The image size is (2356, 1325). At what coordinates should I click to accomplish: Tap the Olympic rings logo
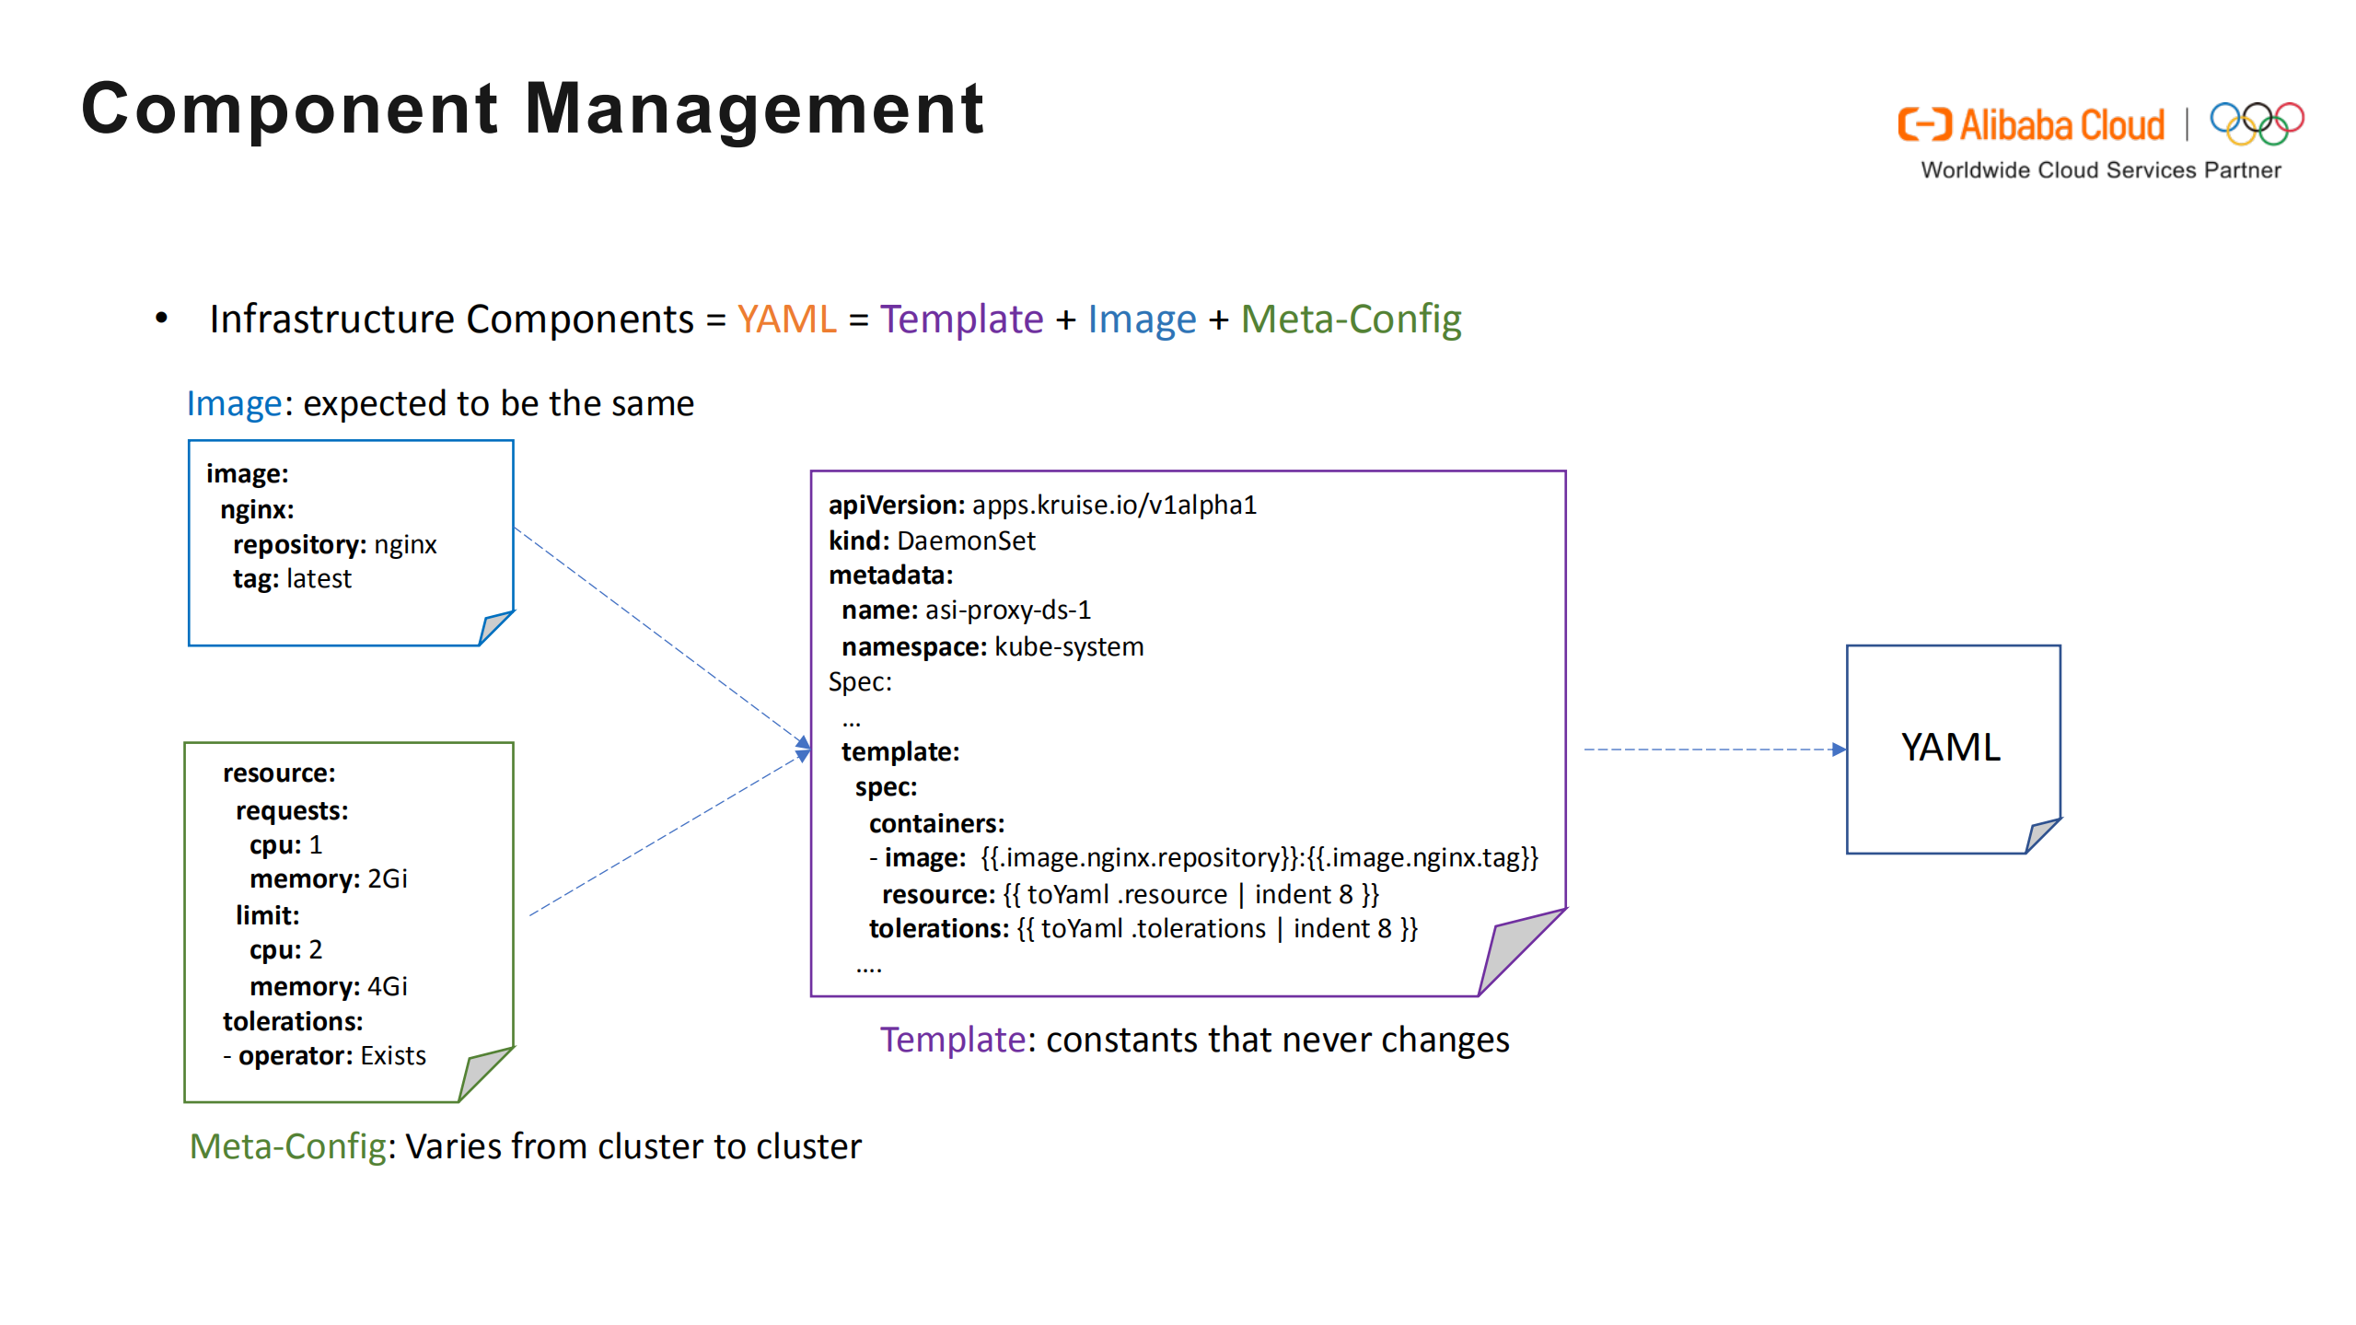pos(2256,123)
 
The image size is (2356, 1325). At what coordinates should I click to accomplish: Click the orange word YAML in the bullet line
pos(786,320)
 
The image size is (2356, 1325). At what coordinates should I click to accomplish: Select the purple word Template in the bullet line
pos(961,320)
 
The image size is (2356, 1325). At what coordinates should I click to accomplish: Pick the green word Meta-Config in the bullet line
pos(1351,320)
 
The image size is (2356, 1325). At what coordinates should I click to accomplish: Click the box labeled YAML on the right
pos(1952,748)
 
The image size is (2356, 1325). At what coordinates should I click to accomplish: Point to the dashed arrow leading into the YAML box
pos(1712,750)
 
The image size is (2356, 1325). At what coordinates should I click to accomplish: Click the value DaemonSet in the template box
pos(966,540)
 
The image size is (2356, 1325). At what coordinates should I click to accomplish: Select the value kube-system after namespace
pos(1069,646)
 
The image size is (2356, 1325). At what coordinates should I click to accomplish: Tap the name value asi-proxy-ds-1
pos(1008,610)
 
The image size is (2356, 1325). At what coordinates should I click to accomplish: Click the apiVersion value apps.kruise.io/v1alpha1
pos(1114,505)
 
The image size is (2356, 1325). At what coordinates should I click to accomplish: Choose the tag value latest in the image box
pos(319,578)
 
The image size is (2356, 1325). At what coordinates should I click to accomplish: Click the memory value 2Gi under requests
pos(388,878)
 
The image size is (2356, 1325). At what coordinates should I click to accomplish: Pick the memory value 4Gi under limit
pos(388,986)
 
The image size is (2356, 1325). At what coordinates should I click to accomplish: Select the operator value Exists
pos(393,1055)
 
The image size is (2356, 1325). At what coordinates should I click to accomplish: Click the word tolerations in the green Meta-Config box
pos(293,1021)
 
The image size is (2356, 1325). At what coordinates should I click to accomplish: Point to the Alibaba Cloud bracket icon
pos(1923,124)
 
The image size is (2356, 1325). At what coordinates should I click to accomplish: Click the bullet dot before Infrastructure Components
pos(162,319)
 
